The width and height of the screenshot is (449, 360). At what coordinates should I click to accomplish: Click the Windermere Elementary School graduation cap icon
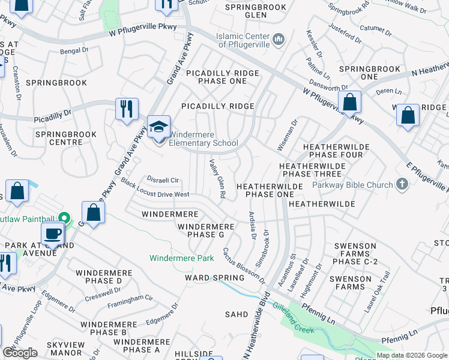pos(159,127)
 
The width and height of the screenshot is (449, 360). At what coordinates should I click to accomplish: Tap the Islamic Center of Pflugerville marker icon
pos(278,40)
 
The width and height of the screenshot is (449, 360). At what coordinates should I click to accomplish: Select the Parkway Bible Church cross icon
pos(403,185)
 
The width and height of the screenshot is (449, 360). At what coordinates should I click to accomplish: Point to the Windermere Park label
pos(181,258)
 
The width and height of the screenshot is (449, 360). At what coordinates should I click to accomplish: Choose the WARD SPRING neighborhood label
pos(214,278)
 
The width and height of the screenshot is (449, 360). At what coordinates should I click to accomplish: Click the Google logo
pos(20,353)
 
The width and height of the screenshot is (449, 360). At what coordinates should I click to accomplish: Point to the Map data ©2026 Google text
pos(411,355)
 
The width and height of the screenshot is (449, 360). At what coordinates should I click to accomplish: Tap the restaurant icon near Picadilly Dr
pos(127,109)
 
